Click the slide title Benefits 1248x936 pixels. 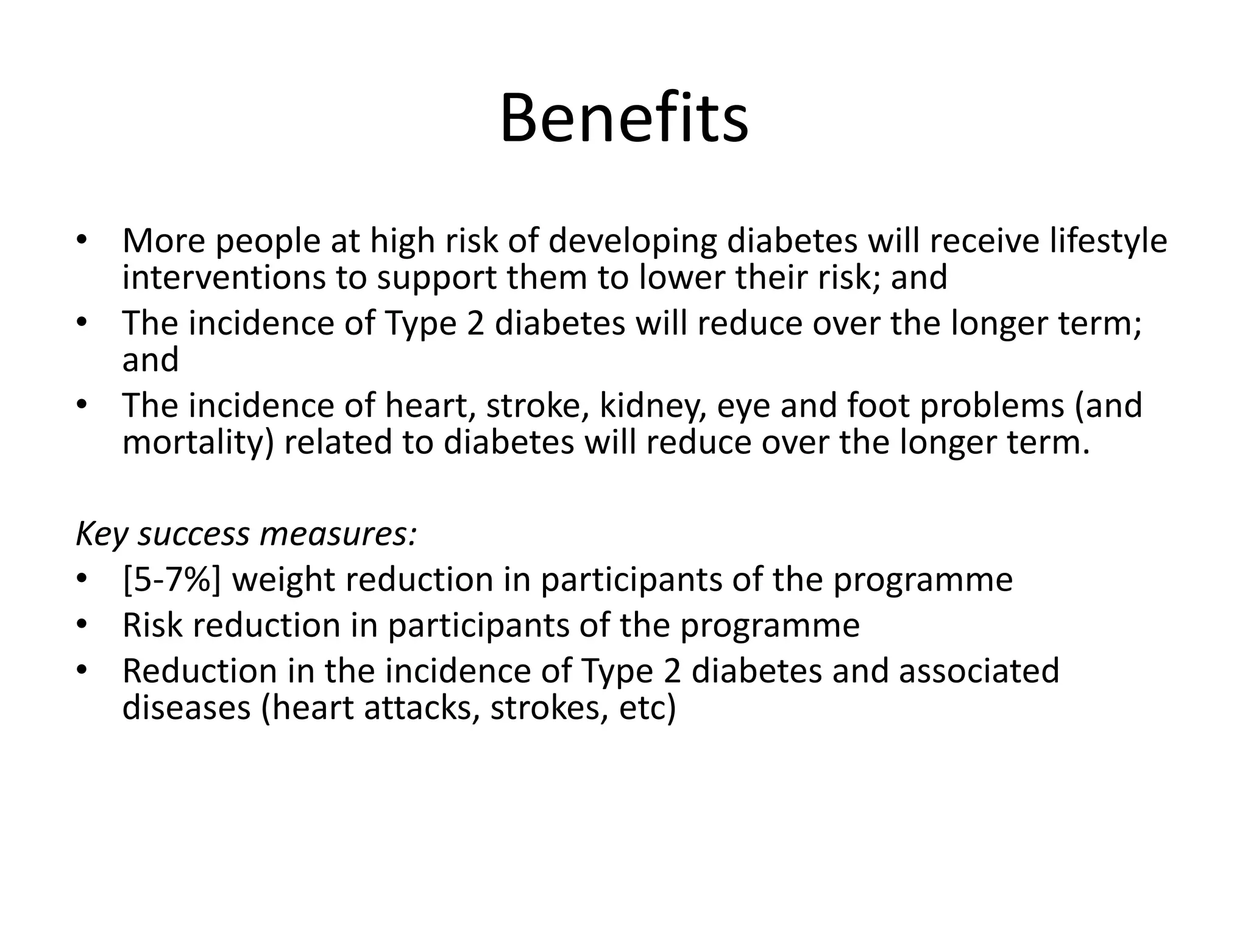click(x=624, y=118)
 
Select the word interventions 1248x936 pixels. click(x=224, y=277)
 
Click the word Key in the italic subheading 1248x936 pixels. click(x=101, y=534)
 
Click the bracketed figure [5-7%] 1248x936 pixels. click(x=172, y=580)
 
